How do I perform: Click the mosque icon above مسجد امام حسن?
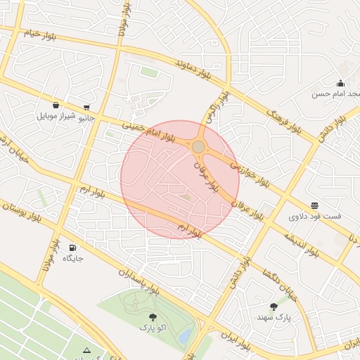point(341,82)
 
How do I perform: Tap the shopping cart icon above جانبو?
point(86,108)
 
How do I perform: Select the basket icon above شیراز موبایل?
point(56,105)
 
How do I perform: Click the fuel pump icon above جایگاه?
point(73,247)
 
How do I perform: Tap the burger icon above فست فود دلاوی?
point(314,205)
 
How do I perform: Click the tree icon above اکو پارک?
point(153,317)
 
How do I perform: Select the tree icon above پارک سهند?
point(274,307)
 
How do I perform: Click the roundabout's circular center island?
point(199,146)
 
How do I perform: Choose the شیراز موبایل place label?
point(55,116)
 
